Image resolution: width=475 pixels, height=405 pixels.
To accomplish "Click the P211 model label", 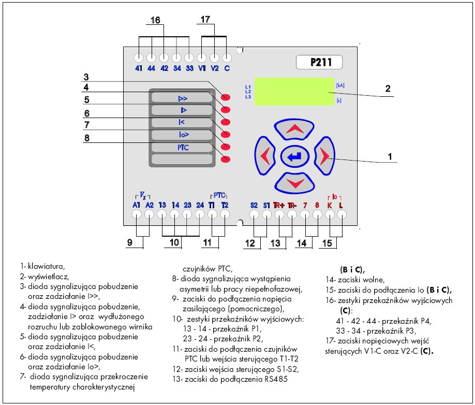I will [319, 63].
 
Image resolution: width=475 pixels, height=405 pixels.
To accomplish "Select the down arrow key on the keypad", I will [294, 182].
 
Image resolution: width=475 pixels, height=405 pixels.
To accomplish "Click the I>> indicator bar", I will [182, 98].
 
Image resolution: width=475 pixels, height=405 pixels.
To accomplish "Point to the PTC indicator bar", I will [182, 148].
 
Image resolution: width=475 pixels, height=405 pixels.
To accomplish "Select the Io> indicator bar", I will [182, 135].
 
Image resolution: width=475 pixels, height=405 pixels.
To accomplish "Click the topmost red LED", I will [226, 97].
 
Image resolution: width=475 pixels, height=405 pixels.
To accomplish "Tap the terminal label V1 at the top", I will [202, 68].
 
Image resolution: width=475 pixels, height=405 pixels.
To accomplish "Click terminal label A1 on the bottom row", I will [137, 205].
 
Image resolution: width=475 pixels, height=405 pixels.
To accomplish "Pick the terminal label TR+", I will [279, 205].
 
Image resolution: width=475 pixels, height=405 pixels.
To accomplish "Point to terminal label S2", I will [254, 205].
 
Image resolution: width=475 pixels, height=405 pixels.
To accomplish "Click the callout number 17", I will [205, 20].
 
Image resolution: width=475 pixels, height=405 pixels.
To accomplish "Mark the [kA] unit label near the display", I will [340, 84].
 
